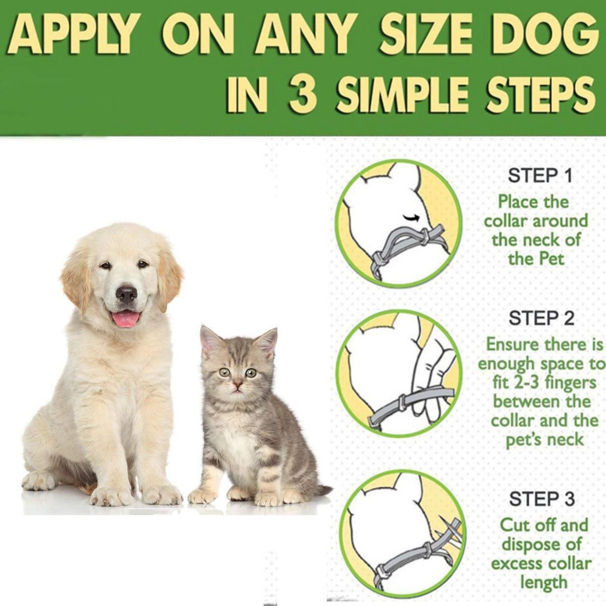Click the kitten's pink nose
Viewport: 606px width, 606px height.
tap(238, 384)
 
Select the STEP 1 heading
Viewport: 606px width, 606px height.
tap(540, 176)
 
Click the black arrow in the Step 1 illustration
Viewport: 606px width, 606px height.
tap(411, 216)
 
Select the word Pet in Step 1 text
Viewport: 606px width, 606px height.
tap(551, 259)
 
